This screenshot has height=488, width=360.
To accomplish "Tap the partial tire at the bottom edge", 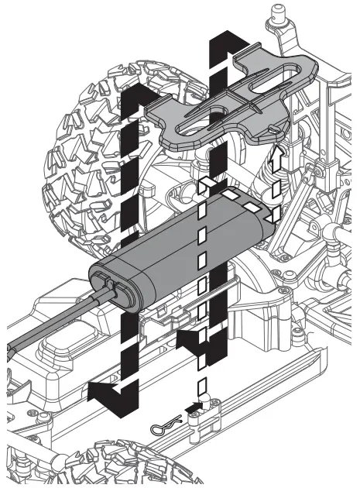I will point(132,469).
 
